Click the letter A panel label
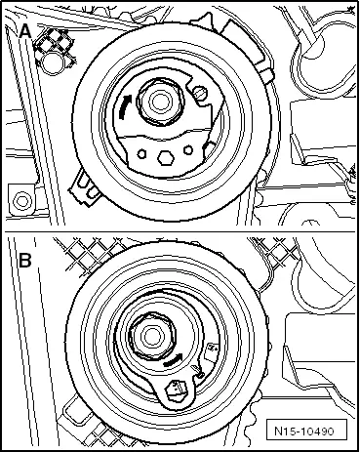(x=25, y=32)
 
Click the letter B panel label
(x=25, y=261)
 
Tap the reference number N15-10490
(x=304, y=431)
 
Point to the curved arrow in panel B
(x=173, y=360)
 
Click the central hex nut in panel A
(x=160, y=102)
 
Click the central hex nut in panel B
(x=152, y=337)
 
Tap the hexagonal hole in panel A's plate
(x=165, y=157)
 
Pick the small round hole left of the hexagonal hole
(x=141, y=154)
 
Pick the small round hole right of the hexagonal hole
(x=188, y=150)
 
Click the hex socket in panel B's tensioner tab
(x=176, y=390)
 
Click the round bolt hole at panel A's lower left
(x=21, y=200)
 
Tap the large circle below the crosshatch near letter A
(x=52, y=62)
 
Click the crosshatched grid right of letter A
(x=54, y=46)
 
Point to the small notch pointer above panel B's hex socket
(x=198, y=371)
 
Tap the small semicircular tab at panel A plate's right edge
(x=210, y=148)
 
